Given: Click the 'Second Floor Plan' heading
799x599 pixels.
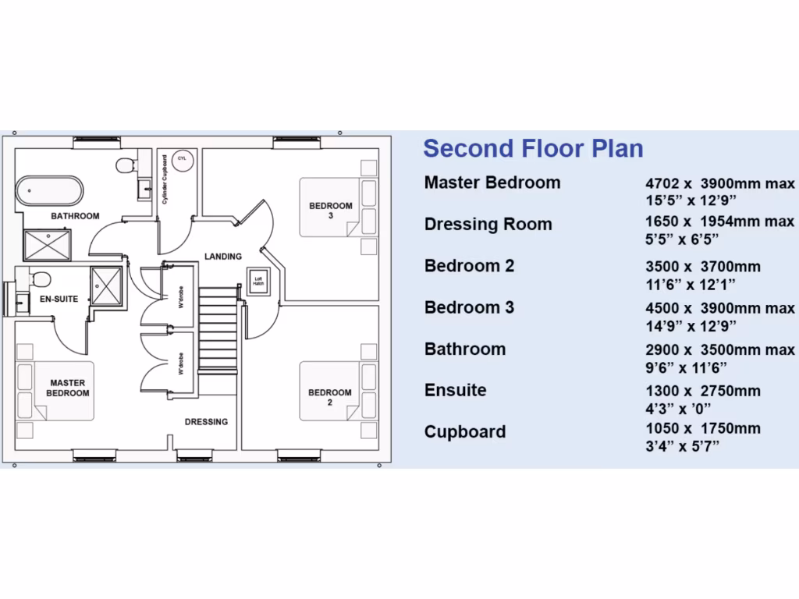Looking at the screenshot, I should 533,148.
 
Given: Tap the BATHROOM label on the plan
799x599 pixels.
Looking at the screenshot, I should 75,216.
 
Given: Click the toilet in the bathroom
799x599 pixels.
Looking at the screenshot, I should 125,165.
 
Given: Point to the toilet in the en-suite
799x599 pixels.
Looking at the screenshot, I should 41,279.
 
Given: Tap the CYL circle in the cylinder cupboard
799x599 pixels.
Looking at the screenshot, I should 182,158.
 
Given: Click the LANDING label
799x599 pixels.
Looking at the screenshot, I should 223,257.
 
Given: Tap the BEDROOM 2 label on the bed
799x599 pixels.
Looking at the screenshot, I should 330,397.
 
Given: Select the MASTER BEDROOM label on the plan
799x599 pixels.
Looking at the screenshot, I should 67,388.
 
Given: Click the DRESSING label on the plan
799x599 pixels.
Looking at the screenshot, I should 206,422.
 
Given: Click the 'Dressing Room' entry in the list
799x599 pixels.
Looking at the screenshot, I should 488,225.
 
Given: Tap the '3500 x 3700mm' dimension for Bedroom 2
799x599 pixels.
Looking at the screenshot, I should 702,267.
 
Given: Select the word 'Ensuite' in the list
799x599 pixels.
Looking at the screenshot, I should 455,390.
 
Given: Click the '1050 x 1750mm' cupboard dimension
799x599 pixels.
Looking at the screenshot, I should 702,428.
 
